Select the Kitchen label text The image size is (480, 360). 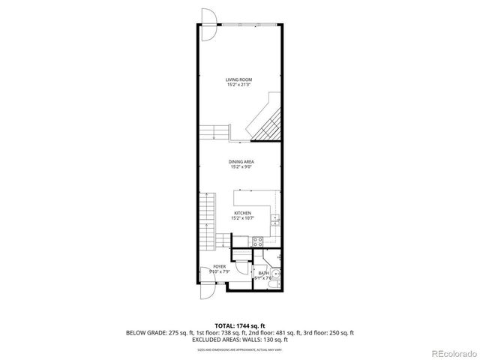(x=242, y=214)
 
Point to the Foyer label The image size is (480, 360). (x=219, y=266)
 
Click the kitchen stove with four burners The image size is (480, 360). (x=256, y=241)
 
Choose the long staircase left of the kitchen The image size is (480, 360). (x=208, y=221)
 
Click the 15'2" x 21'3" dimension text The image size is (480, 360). (x=239, y=84)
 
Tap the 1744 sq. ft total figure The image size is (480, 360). (x=253, y=325)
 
